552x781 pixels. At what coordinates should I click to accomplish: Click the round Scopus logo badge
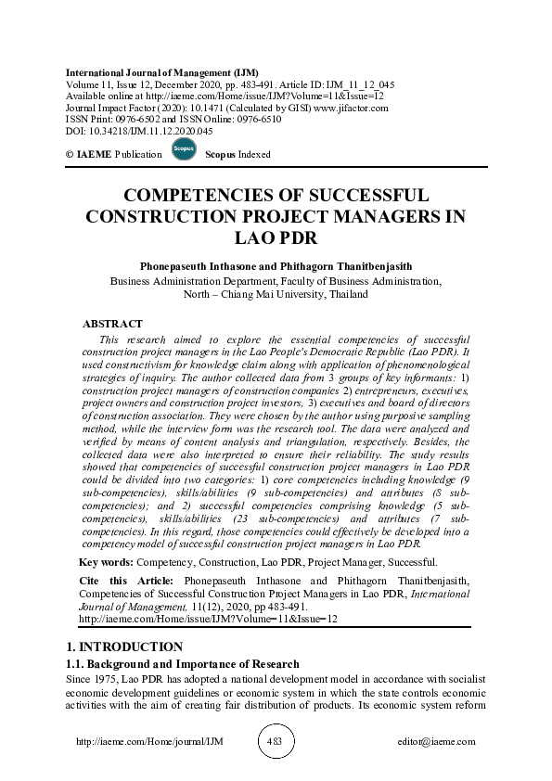point(184,150)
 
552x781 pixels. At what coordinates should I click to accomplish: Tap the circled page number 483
point(275,742)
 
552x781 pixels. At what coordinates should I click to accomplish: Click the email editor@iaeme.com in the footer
point(437,742)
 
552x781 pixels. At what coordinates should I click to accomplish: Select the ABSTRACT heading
point(112,325)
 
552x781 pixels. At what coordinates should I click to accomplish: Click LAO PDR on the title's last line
point(276,237)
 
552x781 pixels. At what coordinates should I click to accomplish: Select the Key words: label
point(107,563)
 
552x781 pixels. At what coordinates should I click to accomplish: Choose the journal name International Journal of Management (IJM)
point(162,72)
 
